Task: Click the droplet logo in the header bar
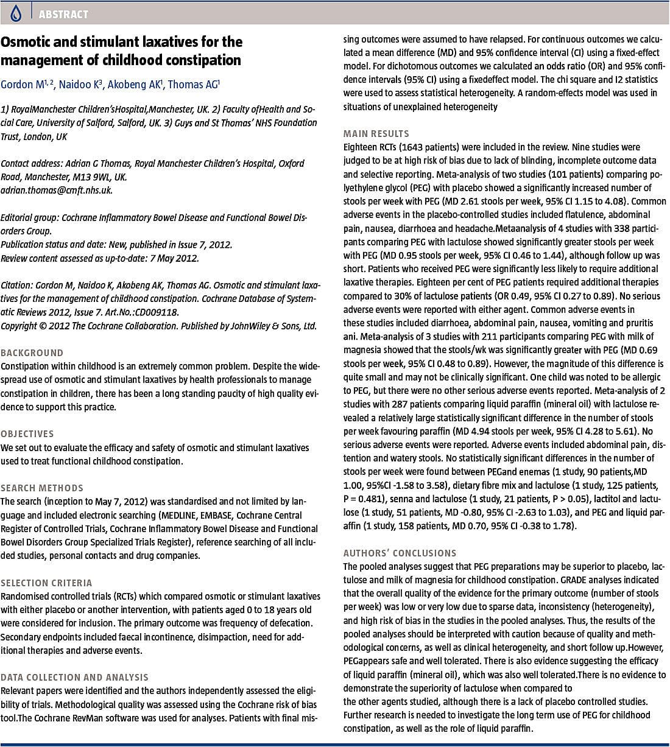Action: point(15,13)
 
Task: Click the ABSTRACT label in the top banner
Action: point(63,14)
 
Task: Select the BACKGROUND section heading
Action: point(32,352)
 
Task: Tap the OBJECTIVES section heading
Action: point(27,433)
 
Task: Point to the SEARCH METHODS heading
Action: point(42,488)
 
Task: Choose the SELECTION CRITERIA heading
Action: point(46,583)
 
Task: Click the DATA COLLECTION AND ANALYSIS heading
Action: point(74,677)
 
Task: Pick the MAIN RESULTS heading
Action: point(376,133)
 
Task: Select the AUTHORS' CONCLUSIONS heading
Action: point(400,553)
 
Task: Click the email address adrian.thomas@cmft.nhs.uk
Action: point(57,190)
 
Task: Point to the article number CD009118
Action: point(157,312)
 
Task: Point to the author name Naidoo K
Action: point(79,85)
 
